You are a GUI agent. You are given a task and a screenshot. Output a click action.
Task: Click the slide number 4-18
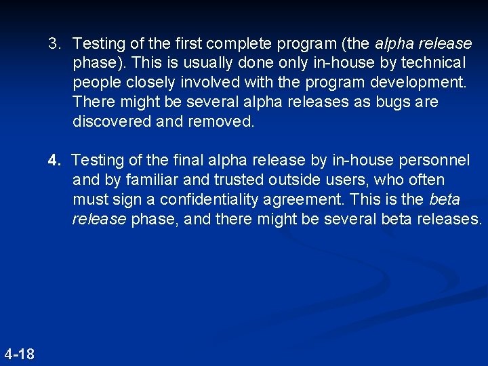pyautogui.click(x=19, y=354)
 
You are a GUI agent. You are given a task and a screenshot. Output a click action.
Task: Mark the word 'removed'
pyautogui.click(x=221, y=122)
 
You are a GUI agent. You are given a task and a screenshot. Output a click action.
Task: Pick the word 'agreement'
pyautogui.click(x=317, y=200)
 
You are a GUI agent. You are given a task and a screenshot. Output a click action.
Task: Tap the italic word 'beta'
pyautogui.click(x=444, y=200)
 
